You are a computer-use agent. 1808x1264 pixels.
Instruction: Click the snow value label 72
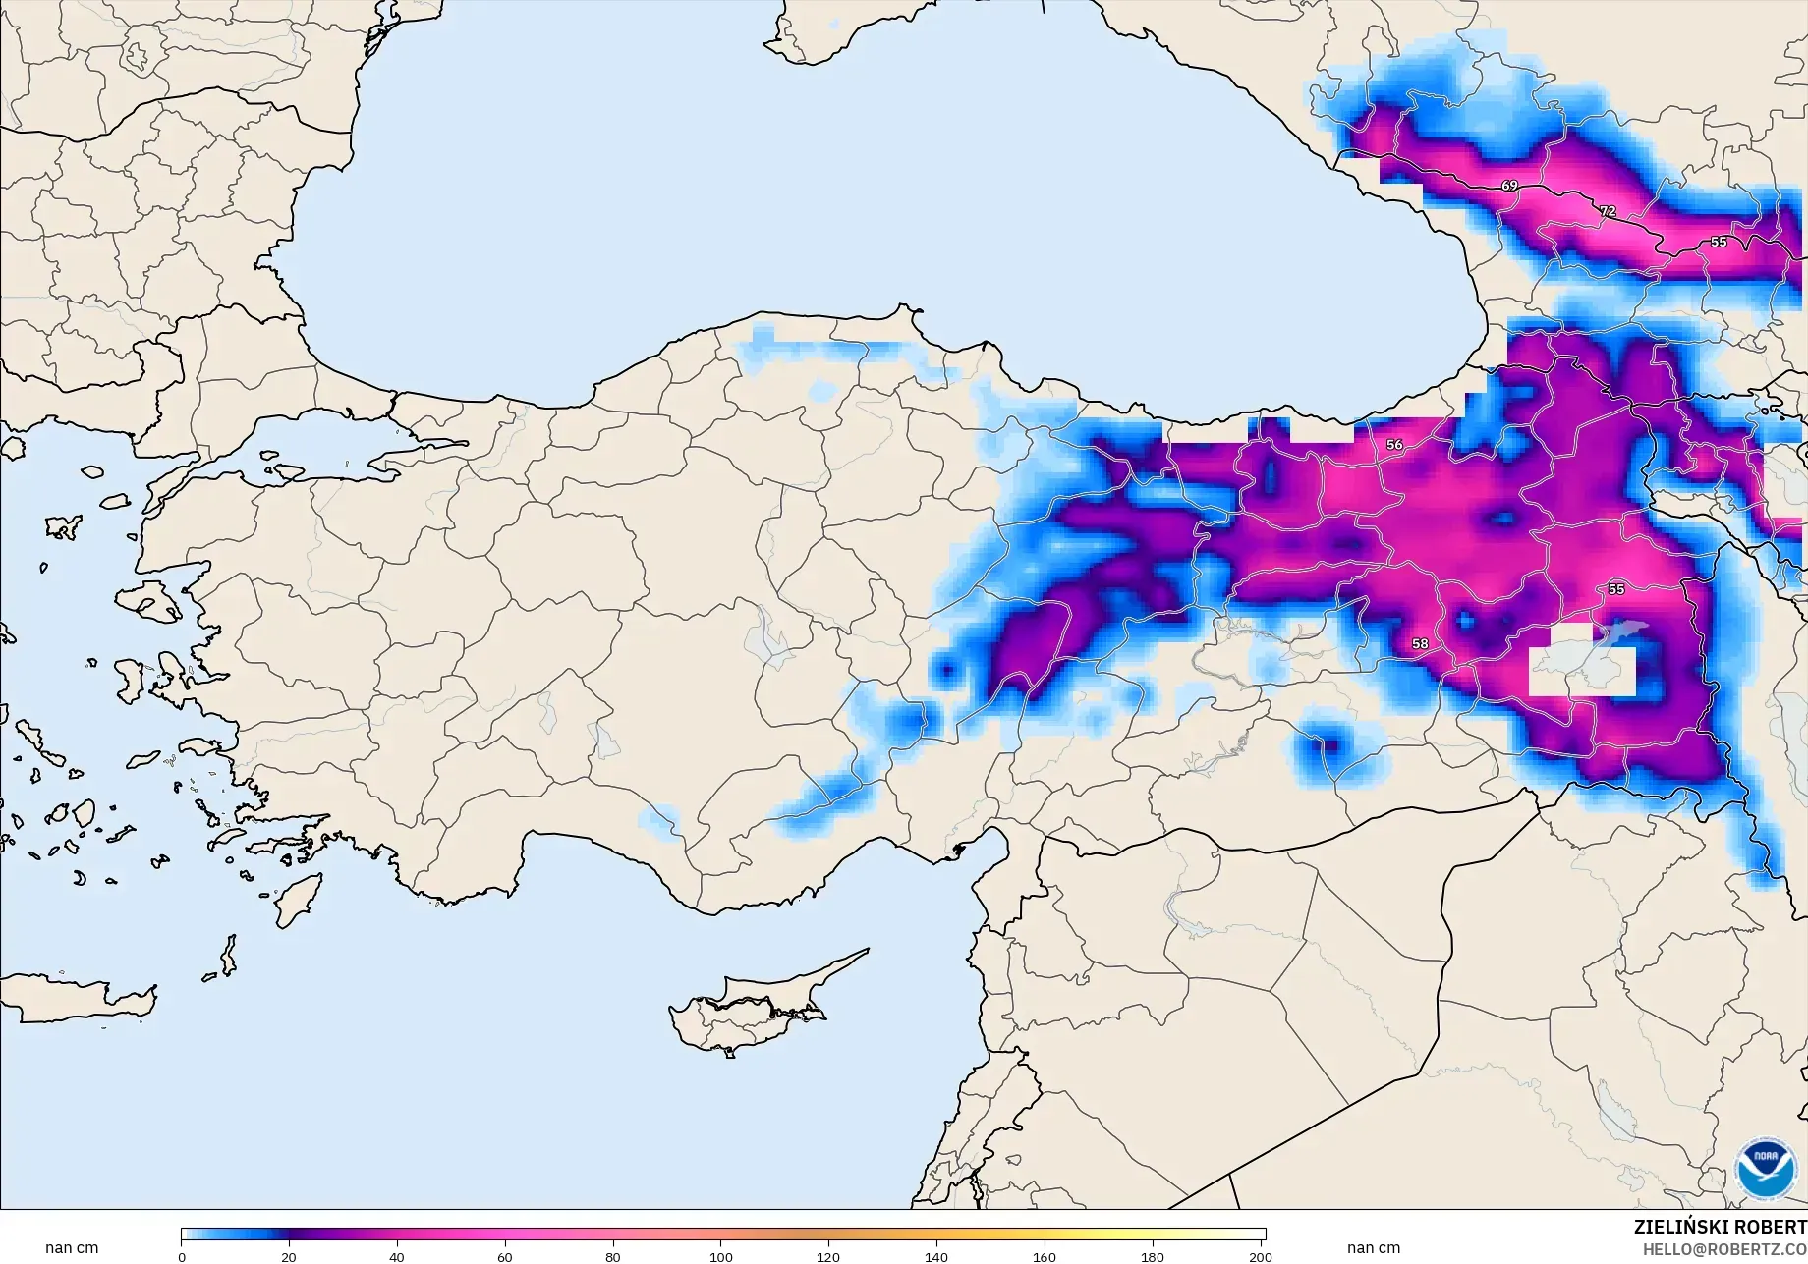[x=1608, y=211]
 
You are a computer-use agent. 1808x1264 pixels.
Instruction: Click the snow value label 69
[x=1509, y=186]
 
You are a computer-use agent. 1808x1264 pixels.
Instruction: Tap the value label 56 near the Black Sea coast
[x=1394, y=445]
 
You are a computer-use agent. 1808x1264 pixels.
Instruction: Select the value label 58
[x=1420, y=644]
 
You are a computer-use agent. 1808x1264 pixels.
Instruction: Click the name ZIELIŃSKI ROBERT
[x=1720, y=1228]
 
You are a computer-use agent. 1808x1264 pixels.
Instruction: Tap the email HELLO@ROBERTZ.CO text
[x=1724, y=1249]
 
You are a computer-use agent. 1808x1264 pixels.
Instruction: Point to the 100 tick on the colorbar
[x=721, y=1256]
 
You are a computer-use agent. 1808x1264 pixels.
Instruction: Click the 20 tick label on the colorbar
[x=289, y=1256]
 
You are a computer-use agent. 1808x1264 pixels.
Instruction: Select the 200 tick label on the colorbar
[x=1260, y=1256]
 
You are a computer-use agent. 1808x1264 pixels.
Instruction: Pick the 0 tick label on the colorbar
[x=182, y=1256]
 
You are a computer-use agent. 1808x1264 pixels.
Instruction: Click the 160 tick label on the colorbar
[x=1045, y=1256]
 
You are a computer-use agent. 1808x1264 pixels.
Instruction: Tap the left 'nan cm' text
[x=72, y=1248]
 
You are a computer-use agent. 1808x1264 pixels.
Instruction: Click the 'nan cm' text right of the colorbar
[x=1374, y=1248]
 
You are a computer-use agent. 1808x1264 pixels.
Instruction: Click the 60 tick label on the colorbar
[x=505, y=1256]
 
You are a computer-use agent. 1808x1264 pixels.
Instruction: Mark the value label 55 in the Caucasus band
[x=1719, y=242]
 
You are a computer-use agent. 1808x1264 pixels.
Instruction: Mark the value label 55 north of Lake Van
[x=1616, y=589]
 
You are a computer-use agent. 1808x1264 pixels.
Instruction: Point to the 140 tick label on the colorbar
[x=936, y=1256]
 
